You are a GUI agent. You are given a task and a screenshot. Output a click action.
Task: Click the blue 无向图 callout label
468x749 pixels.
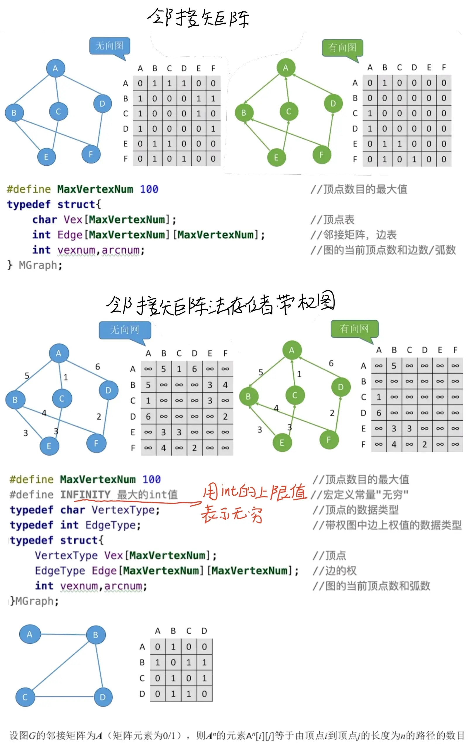110,46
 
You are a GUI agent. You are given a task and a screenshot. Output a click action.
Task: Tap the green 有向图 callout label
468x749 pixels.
342,47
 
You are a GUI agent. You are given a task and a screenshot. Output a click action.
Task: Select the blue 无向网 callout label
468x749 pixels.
125,330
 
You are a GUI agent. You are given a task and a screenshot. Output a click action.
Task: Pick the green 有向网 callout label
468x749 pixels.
355,328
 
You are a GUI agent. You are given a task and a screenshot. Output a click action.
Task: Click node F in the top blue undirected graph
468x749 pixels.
91,154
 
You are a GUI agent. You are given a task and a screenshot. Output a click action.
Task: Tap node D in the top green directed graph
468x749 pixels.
333,103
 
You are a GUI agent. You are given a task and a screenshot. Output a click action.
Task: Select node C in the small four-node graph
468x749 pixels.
25,697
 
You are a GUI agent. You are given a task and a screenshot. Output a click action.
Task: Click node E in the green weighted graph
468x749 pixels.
282,443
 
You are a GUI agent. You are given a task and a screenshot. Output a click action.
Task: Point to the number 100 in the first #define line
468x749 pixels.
149,189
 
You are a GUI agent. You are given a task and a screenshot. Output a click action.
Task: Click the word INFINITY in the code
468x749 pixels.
85,494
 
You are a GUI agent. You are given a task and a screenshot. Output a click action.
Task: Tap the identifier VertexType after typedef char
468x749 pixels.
126,510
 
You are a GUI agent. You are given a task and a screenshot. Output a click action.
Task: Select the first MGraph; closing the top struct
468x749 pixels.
41,265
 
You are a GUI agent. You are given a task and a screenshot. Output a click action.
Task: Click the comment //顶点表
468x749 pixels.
333,220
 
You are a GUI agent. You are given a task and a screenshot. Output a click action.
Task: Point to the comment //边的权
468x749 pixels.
335,571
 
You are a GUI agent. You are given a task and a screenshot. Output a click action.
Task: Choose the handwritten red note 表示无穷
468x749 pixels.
232,515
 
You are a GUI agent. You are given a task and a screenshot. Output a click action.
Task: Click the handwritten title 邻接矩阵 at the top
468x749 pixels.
198,18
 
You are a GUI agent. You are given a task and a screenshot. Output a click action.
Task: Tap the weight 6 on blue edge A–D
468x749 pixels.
97,367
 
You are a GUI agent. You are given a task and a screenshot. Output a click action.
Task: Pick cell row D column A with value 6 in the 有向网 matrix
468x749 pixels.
378,413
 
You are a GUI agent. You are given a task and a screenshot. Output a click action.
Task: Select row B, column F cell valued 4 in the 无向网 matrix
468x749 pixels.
225,385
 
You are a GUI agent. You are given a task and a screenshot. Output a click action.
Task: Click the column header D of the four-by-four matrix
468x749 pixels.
204,631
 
